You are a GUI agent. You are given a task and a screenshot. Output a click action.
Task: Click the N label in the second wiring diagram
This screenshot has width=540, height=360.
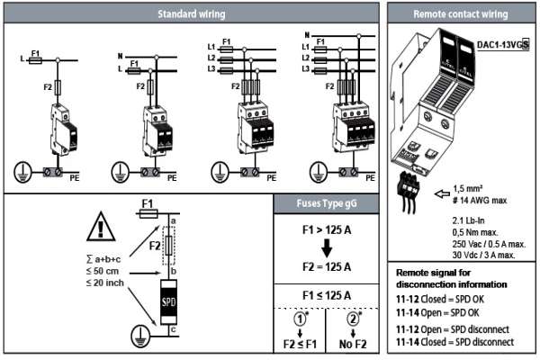point(119,56)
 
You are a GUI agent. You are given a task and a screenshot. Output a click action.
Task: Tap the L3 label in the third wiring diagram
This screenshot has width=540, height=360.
point(209,69)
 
